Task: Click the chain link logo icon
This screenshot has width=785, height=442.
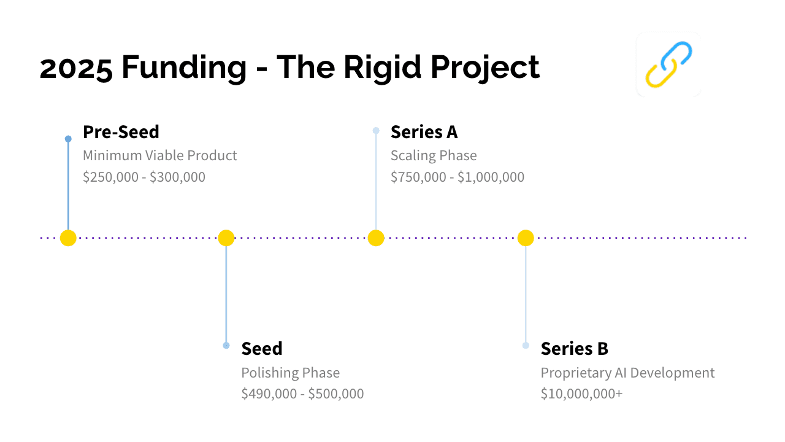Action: (668, 64)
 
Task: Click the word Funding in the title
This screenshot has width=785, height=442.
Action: (185, 68)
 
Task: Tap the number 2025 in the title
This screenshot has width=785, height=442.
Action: (76, 68)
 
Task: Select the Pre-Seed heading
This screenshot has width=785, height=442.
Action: (121, 132)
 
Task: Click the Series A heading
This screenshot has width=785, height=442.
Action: (424, 132)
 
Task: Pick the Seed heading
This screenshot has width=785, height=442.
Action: (262, 349)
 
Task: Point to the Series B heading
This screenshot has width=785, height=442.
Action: (575, 349)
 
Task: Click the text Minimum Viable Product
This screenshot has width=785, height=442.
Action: (160, 155)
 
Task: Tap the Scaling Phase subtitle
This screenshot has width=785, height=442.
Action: (434, 156)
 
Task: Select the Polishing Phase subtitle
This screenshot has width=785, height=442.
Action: (291, 373)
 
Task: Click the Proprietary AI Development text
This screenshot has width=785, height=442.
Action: (627, 373)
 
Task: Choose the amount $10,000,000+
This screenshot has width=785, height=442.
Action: (582, 394)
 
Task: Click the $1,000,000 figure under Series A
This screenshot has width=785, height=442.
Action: (491, 177)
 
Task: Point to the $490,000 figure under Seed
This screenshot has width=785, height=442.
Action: (269, 394)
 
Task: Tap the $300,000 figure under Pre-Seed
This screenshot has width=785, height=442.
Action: (177, 177)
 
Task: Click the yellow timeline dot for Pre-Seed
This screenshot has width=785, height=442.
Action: (68, 238)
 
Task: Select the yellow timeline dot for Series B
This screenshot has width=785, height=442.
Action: (526, 238)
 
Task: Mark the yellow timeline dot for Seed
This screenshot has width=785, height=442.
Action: (226, 238)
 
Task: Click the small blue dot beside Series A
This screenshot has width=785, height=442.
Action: (376, 131)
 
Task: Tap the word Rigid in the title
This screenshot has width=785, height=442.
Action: (382, 68)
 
